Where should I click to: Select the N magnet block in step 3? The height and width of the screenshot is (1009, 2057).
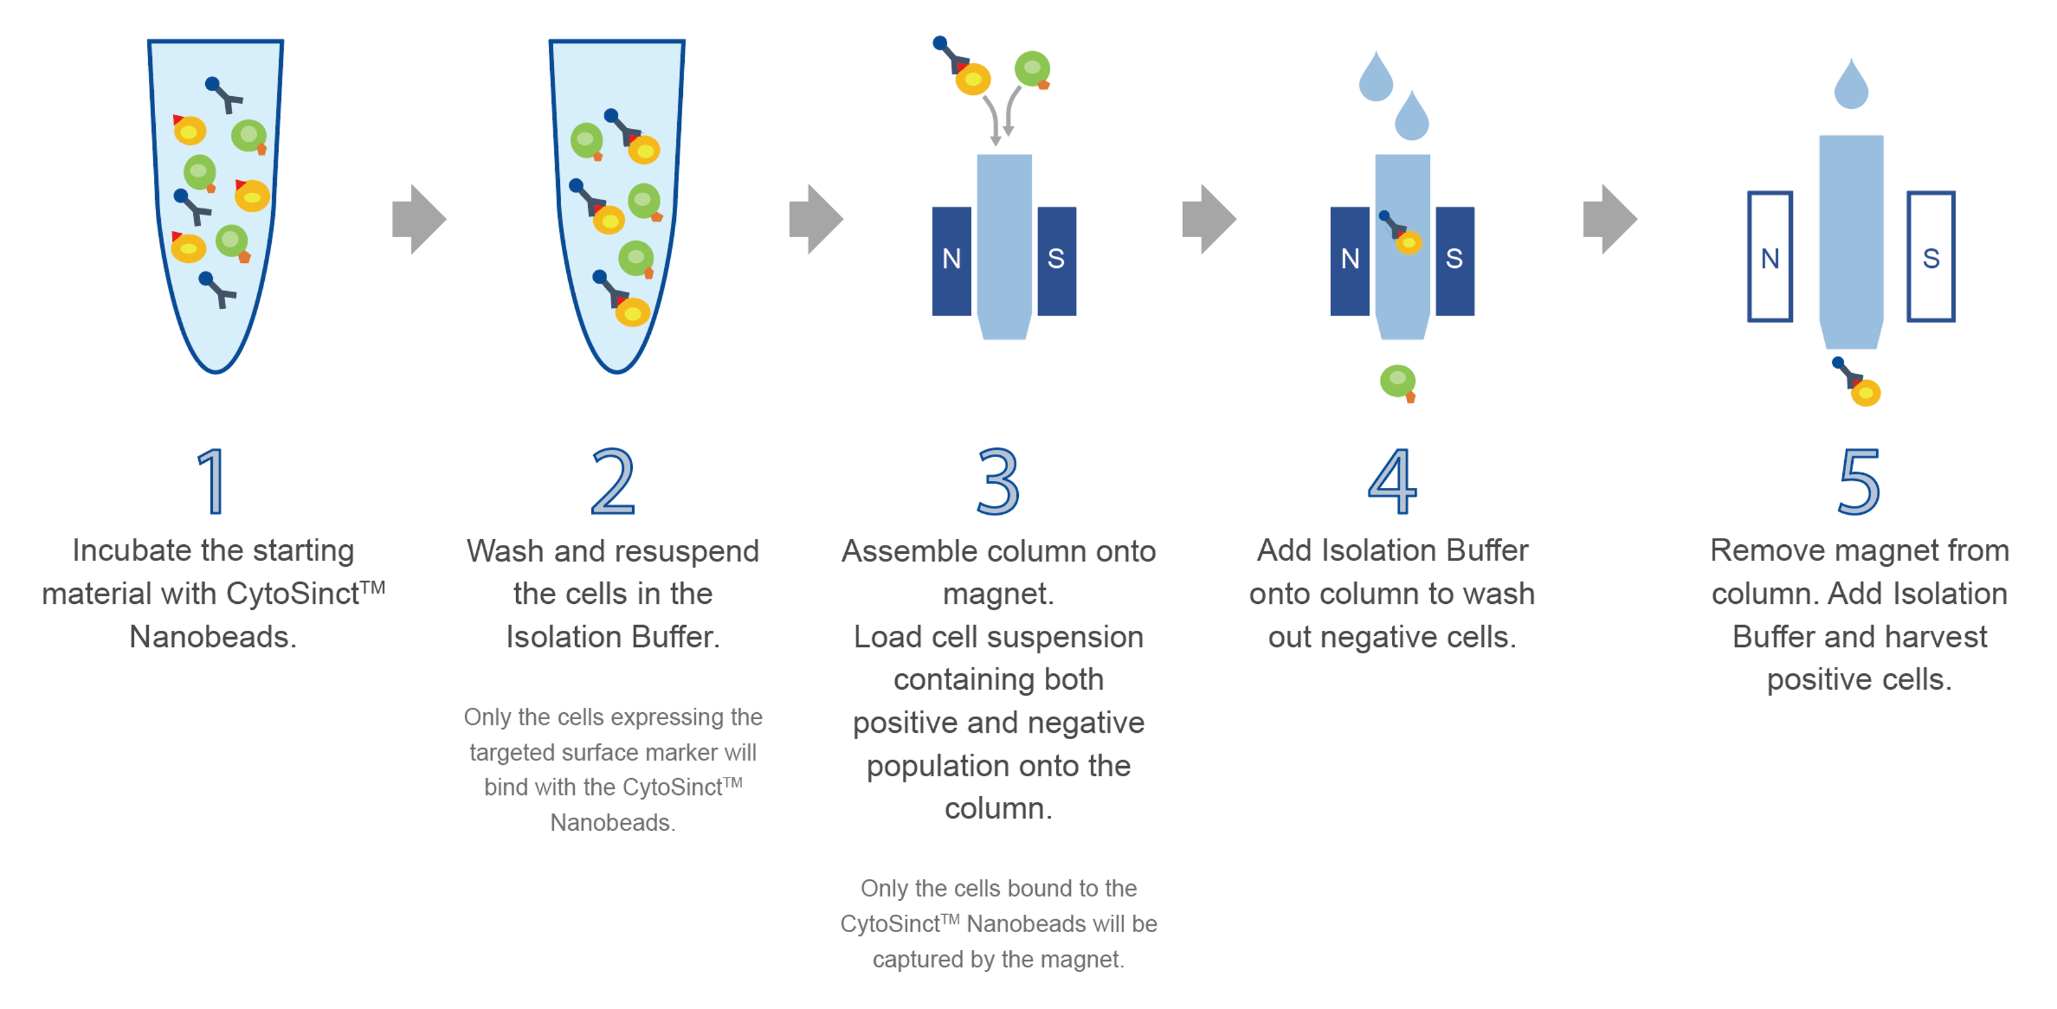pyautogui.click(x=951, y=260)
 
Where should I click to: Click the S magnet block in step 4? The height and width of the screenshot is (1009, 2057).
pyautogui.click(x=1455, y=260)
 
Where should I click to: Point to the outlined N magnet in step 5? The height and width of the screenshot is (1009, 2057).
pyautogui.click(x=1770, y=257)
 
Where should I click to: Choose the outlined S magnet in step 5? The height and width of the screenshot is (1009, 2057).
pyautogui.click(x=1931, y=257)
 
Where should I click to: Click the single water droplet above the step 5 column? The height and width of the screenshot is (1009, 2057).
pyautogui.click(x=1851, y=85)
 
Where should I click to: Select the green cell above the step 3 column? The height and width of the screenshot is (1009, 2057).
pyautogui.click(x=1032, y=69)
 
